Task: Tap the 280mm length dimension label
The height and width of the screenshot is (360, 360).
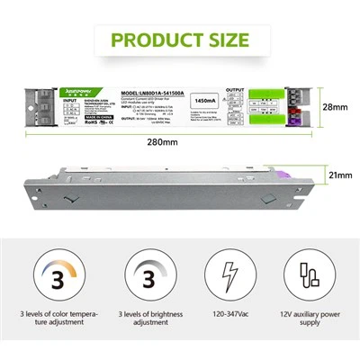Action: coord(181,143)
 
